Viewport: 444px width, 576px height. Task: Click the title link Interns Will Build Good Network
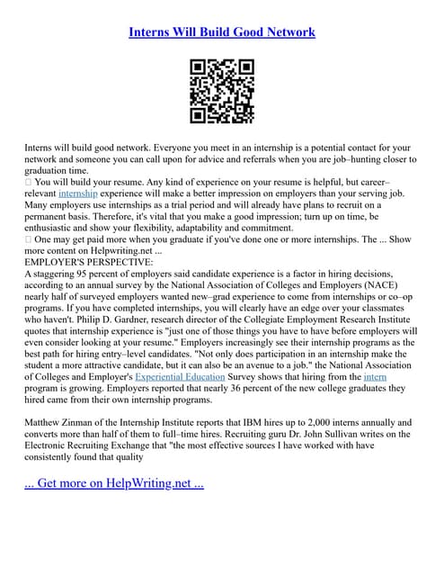pyautogui.click(x=222, y=32)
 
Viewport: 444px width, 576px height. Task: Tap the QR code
pyautogui.click(x=222, y=91)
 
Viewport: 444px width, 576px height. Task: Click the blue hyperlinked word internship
pyautogui.click(x=79, y=193)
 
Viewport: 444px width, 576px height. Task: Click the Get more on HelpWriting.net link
pyautogui.click(x=114, y=482)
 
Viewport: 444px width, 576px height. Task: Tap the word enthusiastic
pyautogui.click(x=53, y=227)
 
